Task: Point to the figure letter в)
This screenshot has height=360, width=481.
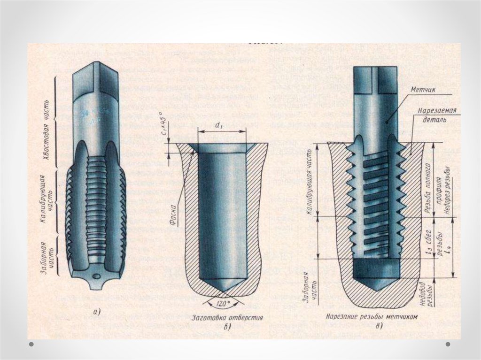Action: coord(379,326)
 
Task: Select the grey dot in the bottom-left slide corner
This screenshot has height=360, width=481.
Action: coord(31,345)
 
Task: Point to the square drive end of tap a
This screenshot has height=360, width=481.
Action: coord(97,80)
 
